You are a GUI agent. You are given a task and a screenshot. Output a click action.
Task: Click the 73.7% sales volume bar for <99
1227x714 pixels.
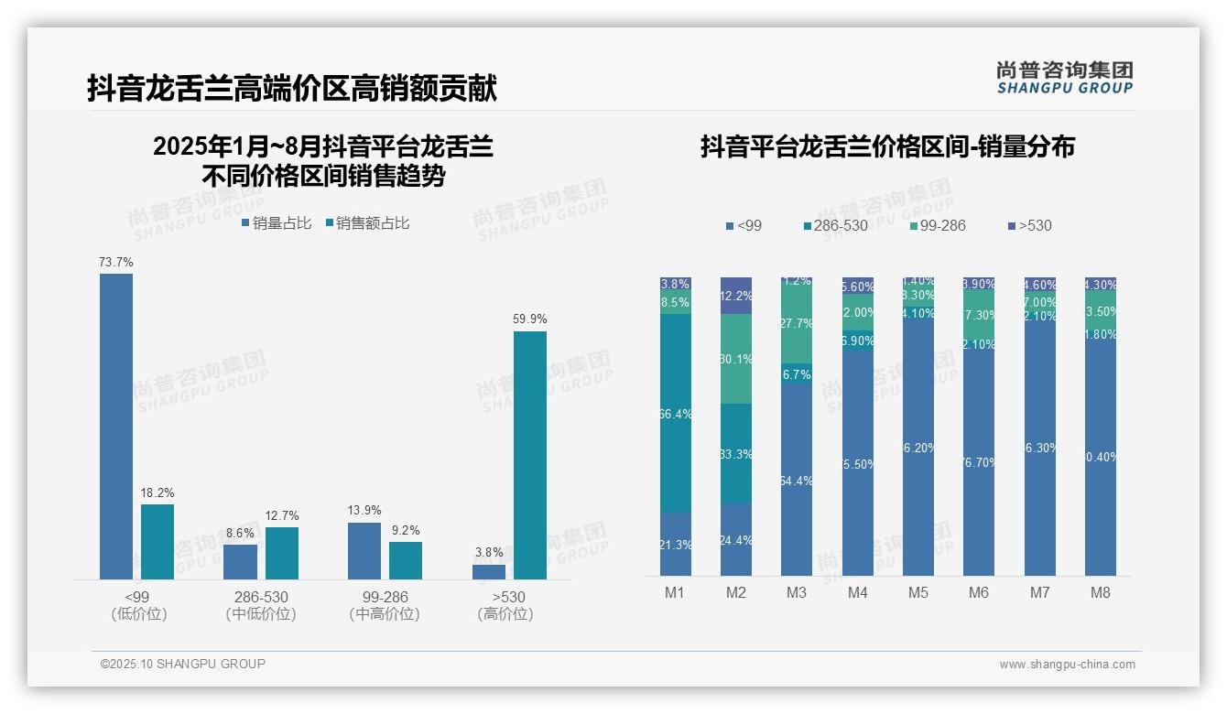(116, 426)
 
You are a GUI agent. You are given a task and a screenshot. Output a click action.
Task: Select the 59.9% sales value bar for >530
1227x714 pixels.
(529, 455)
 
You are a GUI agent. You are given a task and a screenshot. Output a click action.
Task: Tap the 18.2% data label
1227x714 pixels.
(157, 492)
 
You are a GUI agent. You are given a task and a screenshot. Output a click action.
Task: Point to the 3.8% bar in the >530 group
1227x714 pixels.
(489, 571)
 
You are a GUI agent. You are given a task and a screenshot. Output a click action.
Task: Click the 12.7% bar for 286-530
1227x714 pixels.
(282, 553)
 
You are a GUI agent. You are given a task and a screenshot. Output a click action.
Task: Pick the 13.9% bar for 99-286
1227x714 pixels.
(364, 550)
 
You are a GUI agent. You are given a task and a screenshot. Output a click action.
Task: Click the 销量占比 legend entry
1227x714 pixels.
(277, 223)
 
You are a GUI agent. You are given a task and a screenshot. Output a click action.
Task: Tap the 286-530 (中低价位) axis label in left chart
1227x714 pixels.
(261, 605)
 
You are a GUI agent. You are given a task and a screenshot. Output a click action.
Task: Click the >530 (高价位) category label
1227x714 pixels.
(505, 605)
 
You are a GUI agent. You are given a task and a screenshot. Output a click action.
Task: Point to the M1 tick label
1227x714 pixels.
(675, 592)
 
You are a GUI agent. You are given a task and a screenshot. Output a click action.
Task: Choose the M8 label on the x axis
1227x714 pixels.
(1100, 592)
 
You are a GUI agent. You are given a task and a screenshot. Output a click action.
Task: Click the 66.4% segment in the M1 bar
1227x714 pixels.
(676, 414)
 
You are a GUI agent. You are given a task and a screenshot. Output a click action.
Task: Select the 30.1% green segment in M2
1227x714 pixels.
(736, 359)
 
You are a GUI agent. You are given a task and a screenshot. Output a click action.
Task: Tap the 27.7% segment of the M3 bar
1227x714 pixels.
(797, 323)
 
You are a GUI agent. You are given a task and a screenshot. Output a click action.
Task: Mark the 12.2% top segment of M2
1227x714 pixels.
(736, 296)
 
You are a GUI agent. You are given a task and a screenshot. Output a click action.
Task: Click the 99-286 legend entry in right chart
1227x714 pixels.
(938, 225)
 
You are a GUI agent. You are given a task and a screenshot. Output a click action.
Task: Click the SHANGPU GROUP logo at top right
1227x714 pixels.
(1064, 77)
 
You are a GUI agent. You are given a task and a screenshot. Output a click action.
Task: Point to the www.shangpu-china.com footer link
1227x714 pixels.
(1067, 665)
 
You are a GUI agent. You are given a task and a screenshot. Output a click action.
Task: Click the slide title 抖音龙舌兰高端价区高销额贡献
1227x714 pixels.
(292, 89)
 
